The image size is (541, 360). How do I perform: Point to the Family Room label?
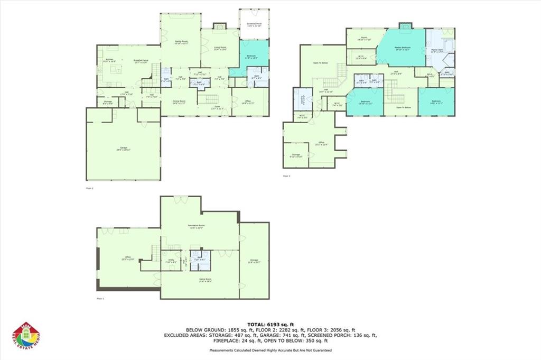click(181, 42)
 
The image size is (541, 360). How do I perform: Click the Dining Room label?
click(178, 102)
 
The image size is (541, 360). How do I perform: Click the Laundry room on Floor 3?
click(302, 99)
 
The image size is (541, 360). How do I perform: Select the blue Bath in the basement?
click(201, 259)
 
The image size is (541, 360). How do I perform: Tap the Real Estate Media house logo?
click(26, 336)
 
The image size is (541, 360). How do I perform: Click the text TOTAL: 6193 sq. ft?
click(270, 324)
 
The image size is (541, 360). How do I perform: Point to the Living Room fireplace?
click(219, 26)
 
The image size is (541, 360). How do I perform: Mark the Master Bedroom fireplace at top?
click(405, 25)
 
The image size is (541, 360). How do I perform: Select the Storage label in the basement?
click(255, 261)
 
